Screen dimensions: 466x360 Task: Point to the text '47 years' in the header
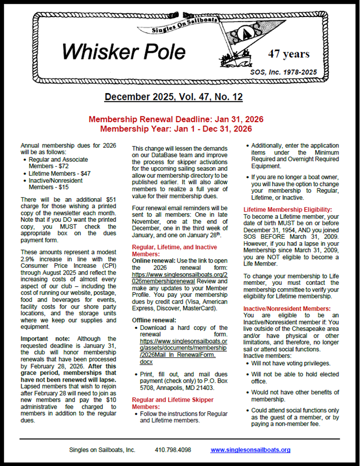(x=289, y=53)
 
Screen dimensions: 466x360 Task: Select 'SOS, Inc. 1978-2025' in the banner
(x=283, y=72)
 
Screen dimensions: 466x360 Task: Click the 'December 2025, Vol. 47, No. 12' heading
(x=173, y=97)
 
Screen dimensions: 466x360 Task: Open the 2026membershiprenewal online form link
(x=172, y=278)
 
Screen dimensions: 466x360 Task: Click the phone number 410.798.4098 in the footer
(x=173, y=450)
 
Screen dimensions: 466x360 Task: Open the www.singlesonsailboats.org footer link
(x=250, y=450)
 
